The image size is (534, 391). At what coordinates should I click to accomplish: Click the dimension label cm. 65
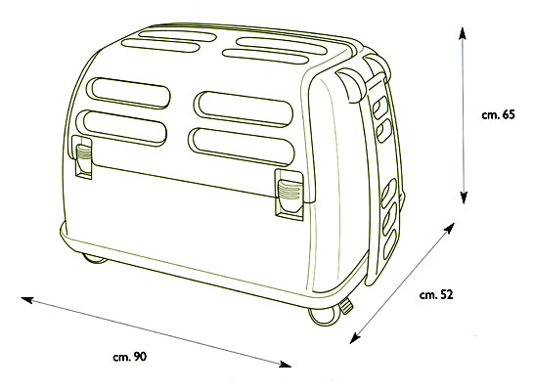tap(498, 115)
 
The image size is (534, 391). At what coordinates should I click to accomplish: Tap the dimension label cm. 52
tap(436, 294)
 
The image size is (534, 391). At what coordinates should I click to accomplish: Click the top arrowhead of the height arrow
tap(463, 34)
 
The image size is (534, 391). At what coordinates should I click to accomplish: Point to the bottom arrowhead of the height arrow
tap(464, 197)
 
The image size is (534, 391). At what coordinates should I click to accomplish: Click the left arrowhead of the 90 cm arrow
tap(26, 300)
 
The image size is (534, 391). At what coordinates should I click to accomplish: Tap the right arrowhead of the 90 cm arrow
tap(285, 364)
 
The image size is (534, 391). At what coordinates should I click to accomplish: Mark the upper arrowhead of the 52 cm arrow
tap(450, 228)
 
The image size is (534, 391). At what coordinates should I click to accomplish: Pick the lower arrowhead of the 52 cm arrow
tap(355, 338)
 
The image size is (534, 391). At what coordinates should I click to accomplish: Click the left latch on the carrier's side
tap(82, 156)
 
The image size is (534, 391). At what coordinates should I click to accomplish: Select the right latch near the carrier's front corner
tap(289, 194)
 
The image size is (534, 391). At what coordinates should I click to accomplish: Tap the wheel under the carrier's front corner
tap(322, 316)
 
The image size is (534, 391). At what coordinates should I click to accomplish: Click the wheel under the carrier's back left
tap(95, 259)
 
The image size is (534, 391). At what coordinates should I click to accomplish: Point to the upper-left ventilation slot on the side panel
tap(128, 93)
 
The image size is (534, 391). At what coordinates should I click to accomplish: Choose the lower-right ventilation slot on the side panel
tap(242, 147)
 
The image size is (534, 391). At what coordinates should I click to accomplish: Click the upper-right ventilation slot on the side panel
tap(244, 109)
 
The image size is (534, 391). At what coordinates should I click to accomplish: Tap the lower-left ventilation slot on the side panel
tap(121, 128)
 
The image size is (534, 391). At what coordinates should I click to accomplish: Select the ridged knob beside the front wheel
tap(347, 305)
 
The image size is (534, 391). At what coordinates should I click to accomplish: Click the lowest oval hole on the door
tap(390, 244)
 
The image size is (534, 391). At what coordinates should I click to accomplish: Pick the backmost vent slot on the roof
tap(177, 36)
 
